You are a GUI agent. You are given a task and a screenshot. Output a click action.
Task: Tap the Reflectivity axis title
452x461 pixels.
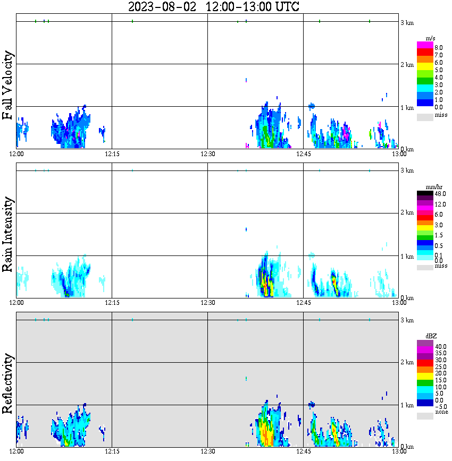(x=7, y=385)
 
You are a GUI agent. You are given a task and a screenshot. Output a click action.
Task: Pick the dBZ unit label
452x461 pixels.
(x=431, y=336)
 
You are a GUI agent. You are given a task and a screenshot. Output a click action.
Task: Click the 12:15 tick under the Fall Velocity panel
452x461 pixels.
(x=112, y=154)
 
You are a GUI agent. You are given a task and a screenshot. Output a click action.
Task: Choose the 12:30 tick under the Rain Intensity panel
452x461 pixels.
(x=207, y=303)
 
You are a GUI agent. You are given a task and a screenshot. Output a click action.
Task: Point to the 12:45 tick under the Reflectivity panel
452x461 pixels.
(x=303, y=451)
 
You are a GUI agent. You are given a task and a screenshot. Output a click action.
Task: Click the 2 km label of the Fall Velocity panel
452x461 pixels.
(x=407, y=65)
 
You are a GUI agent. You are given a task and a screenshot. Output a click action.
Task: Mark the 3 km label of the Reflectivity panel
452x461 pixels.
(x=407, y=320)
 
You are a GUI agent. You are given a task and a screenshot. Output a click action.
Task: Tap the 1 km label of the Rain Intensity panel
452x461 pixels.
(x=407, y=257)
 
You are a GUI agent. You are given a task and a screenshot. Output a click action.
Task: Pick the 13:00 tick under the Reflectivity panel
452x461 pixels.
(x=399, y=451)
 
